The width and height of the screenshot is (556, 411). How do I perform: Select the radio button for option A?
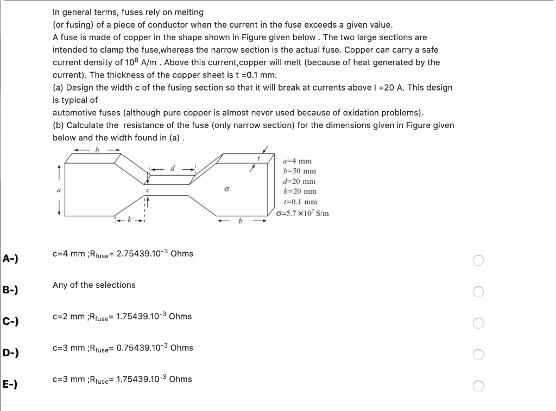[478, 260]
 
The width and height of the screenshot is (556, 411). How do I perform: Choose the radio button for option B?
[478, 292]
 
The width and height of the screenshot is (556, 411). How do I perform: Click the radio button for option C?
[478, 323]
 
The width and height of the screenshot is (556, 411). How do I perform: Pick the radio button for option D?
[478, 355]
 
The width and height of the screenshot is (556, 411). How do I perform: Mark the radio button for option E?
[478, 386]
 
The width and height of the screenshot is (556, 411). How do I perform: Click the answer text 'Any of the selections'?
[94, 285]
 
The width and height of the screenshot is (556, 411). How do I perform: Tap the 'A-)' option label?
[10, 258]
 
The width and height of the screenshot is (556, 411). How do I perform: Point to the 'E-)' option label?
[10, 384]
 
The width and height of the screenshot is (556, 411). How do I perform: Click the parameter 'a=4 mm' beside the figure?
[298, 161]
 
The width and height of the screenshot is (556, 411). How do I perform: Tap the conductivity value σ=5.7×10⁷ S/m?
[302, 213]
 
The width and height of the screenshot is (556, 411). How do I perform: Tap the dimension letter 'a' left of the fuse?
[59, 190]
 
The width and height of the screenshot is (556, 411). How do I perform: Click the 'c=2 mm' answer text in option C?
[69, 317]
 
